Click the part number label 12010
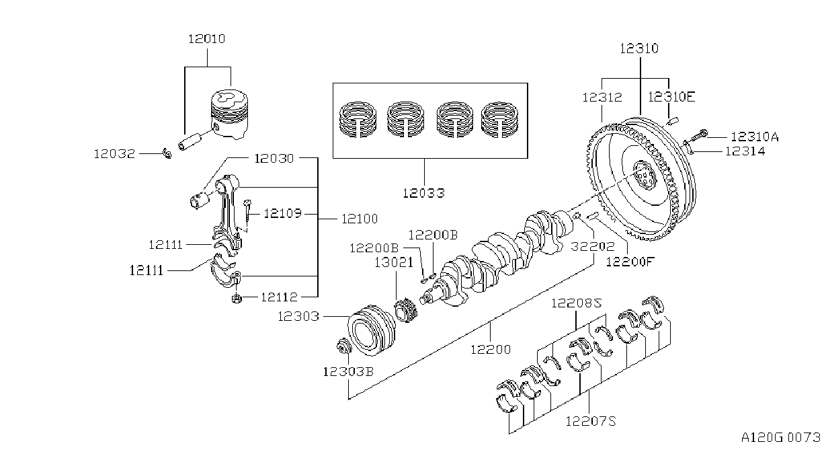coord(207,39)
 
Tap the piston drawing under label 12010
coord(229,114)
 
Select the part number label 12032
coord(114,153)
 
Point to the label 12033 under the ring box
coord(423,192)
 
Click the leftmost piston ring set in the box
coord(358,120)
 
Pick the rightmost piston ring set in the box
coord(499,120)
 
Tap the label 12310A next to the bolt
coord(755,137)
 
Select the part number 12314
coord(745,151)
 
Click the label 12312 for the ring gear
coord(602,98)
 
